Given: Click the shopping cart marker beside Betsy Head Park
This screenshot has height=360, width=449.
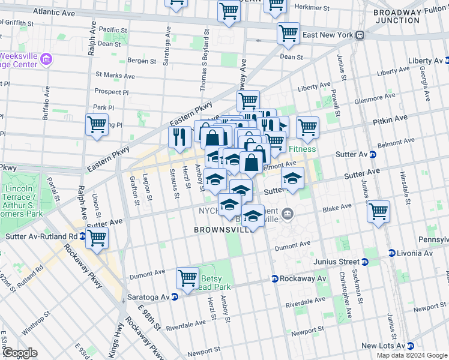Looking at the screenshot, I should [187, 278].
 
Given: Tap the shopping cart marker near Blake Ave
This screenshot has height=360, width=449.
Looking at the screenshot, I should [378, 211].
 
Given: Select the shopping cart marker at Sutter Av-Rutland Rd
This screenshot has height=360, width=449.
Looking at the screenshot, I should [97, 237].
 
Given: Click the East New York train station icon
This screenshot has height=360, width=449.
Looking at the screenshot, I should [360, 35].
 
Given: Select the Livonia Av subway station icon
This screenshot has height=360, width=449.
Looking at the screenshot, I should [391, 253].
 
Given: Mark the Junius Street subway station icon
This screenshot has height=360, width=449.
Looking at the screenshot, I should [364, 262].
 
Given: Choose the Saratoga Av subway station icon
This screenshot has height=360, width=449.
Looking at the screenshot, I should [174, 297].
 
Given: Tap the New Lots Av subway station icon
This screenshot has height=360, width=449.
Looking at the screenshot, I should [411, 346].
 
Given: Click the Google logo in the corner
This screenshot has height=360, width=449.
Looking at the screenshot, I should [19, 353].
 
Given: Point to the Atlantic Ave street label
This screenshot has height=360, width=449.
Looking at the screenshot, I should [55, 12].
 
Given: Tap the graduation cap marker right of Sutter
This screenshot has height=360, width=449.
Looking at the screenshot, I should [292, 178].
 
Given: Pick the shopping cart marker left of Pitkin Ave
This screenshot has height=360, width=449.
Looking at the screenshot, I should [307, 127].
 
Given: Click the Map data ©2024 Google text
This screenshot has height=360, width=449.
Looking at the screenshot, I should [411, 355].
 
